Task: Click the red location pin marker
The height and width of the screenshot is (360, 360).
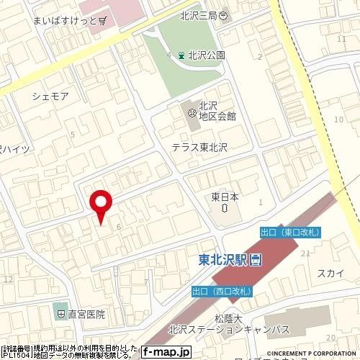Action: pyautogui.click(x=100, y=202)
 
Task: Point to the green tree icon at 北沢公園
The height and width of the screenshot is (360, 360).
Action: pyautogui.click(x=181, y=54)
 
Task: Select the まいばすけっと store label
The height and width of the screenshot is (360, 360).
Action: pyautogui.click(x=63, y=21)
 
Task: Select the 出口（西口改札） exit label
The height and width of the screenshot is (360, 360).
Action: pyautogui.click(x=220, y=292)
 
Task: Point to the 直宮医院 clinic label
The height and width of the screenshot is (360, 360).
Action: pyautogui.click(x=87, y=314)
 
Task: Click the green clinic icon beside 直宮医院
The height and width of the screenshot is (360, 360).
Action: pyautogui.click(x=58, y=314)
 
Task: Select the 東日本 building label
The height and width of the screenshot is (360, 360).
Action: pyautogui.click(x=225, y=195)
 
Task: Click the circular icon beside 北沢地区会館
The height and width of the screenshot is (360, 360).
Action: pyautogui.click(x=192, y=112)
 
